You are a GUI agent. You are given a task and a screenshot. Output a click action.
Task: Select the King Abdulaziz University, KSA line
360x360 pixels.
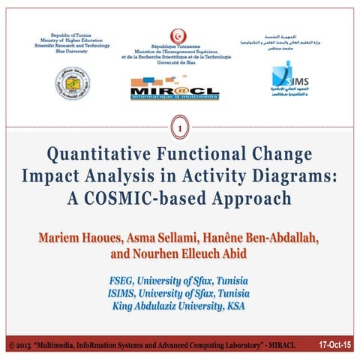click(180, 305)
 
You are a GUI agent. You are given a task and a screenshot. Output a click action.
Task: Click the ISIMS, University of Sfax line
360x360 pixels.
click(180, 292)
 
